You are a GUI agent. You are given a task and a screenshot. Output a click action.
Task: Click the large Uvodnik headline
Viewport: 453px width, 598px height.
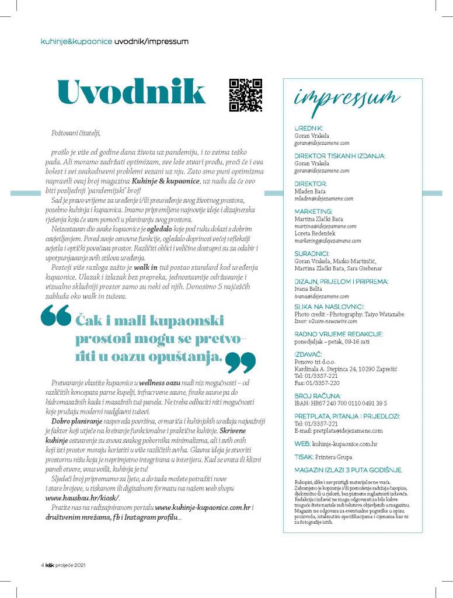(131, 92)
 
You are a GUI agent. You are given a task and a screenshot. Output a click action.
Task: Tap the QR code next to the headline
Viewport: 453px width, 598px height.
(245, 95)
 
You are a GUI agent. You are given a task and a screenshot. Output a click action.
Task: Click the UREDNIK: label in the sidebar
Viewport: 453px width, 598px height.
(309, 128)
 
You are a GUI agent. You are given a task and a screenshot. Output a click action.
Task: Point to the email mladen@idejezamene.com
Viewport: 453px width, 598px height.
(323, 199)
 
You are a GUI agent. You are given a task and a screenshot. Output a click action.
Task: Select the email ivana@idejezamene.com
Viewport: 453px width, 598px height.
(321, 297)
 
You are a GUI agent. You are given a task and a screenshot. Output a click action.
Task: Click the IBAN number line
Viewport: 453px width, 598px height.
(341, 404)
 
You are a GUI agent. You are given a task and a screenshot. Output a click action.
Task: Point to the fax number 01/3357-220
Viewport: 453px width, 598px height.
(317, 383)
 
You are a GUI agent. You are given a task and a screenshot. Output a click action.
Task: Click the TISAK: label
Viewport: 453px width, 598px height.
(304, 457)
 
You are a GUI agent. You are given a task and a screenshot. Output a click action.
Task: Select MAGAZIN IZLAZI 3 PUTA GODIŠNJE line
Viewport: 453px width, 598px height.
(349, 470)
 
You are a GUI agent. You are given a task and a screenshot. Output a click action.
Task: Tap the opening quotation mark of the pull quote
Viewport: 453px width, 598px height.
(55, 318)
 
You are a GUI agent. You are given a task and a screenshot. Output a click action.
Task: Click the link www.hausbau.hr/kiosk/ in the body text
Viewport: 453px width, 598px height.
(82, 498)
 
